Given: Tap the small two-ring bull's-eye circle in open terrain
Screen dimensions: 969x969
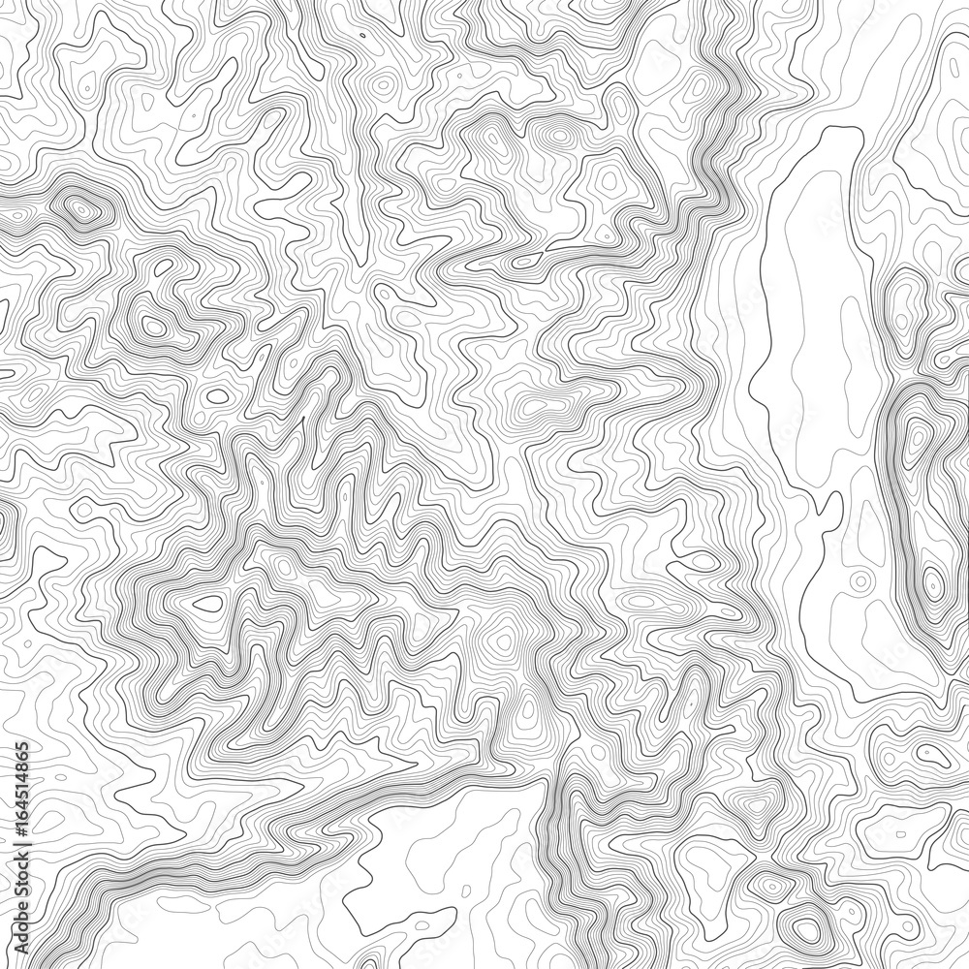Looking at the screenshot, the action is (859, 580).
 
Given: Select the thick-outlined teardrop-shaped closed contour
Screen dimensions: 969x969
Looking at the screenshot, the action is (207, 603).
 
